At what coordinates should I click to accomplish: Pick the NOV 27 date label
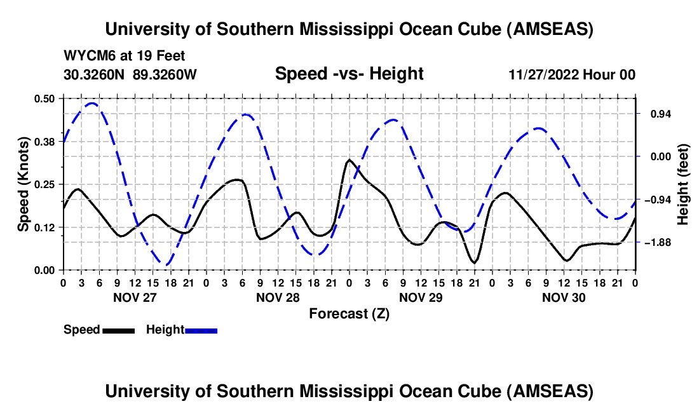tap(135, 297)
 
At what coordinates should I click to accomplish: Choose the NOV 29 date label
tap(421, 297)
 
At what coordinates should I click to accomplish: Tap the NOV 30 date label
tap(564, 297)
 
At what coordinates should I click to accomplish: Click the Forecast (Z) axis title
tap(349, 313)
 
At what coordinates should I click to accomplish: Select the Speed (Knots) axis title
tap(23, 184)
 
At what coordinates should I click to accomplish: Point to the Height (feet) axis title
tap(683, 184)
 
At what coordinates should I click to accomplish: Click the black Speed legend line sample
tap(118, 330)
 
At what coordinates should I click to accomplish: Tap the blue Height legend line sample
tap(201, 330)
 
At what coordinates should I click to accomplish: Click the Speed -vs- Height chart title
tap(349, 74)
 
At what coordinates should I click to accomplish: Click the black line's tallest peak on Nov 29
tap(349, 160)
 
